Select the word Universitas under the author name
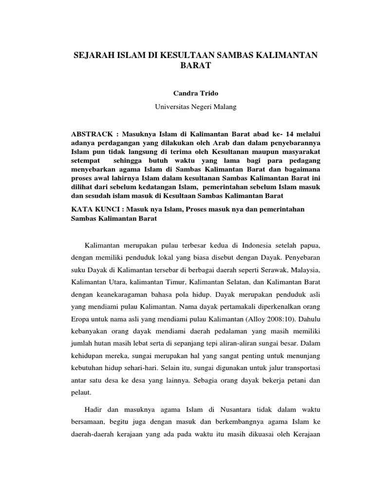coord(171,106)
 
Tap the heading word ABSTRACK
coord(92,133)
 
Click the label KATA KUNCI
coord(96,209)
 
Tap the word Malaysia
coord(303,269)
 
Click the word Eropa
coord(81,320)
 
